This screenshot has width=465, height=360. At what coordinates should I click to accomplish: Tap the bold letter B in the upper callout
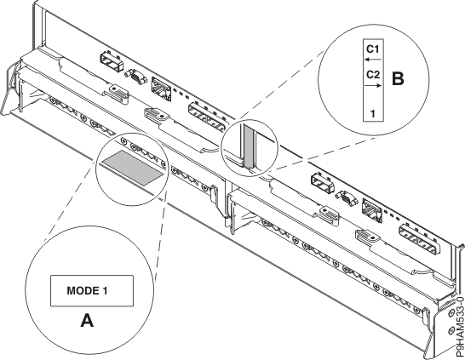(x=397, y=78)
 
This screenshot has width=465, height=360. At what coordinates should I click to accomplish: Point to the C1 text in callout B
(x=373, y=49)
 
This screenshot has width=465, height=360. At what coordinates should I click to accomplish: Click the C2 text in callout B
(x=373, y=75)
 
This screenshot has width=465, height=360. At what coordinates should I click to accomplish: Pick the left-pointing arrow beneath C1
(x=373, y=60)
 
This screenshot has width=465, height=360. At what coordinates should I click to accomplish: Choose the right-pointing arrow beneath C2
(x=373, y=86)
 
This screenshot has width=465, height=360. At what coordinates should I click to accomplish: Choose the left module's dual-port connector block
(x=204, y=111)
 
